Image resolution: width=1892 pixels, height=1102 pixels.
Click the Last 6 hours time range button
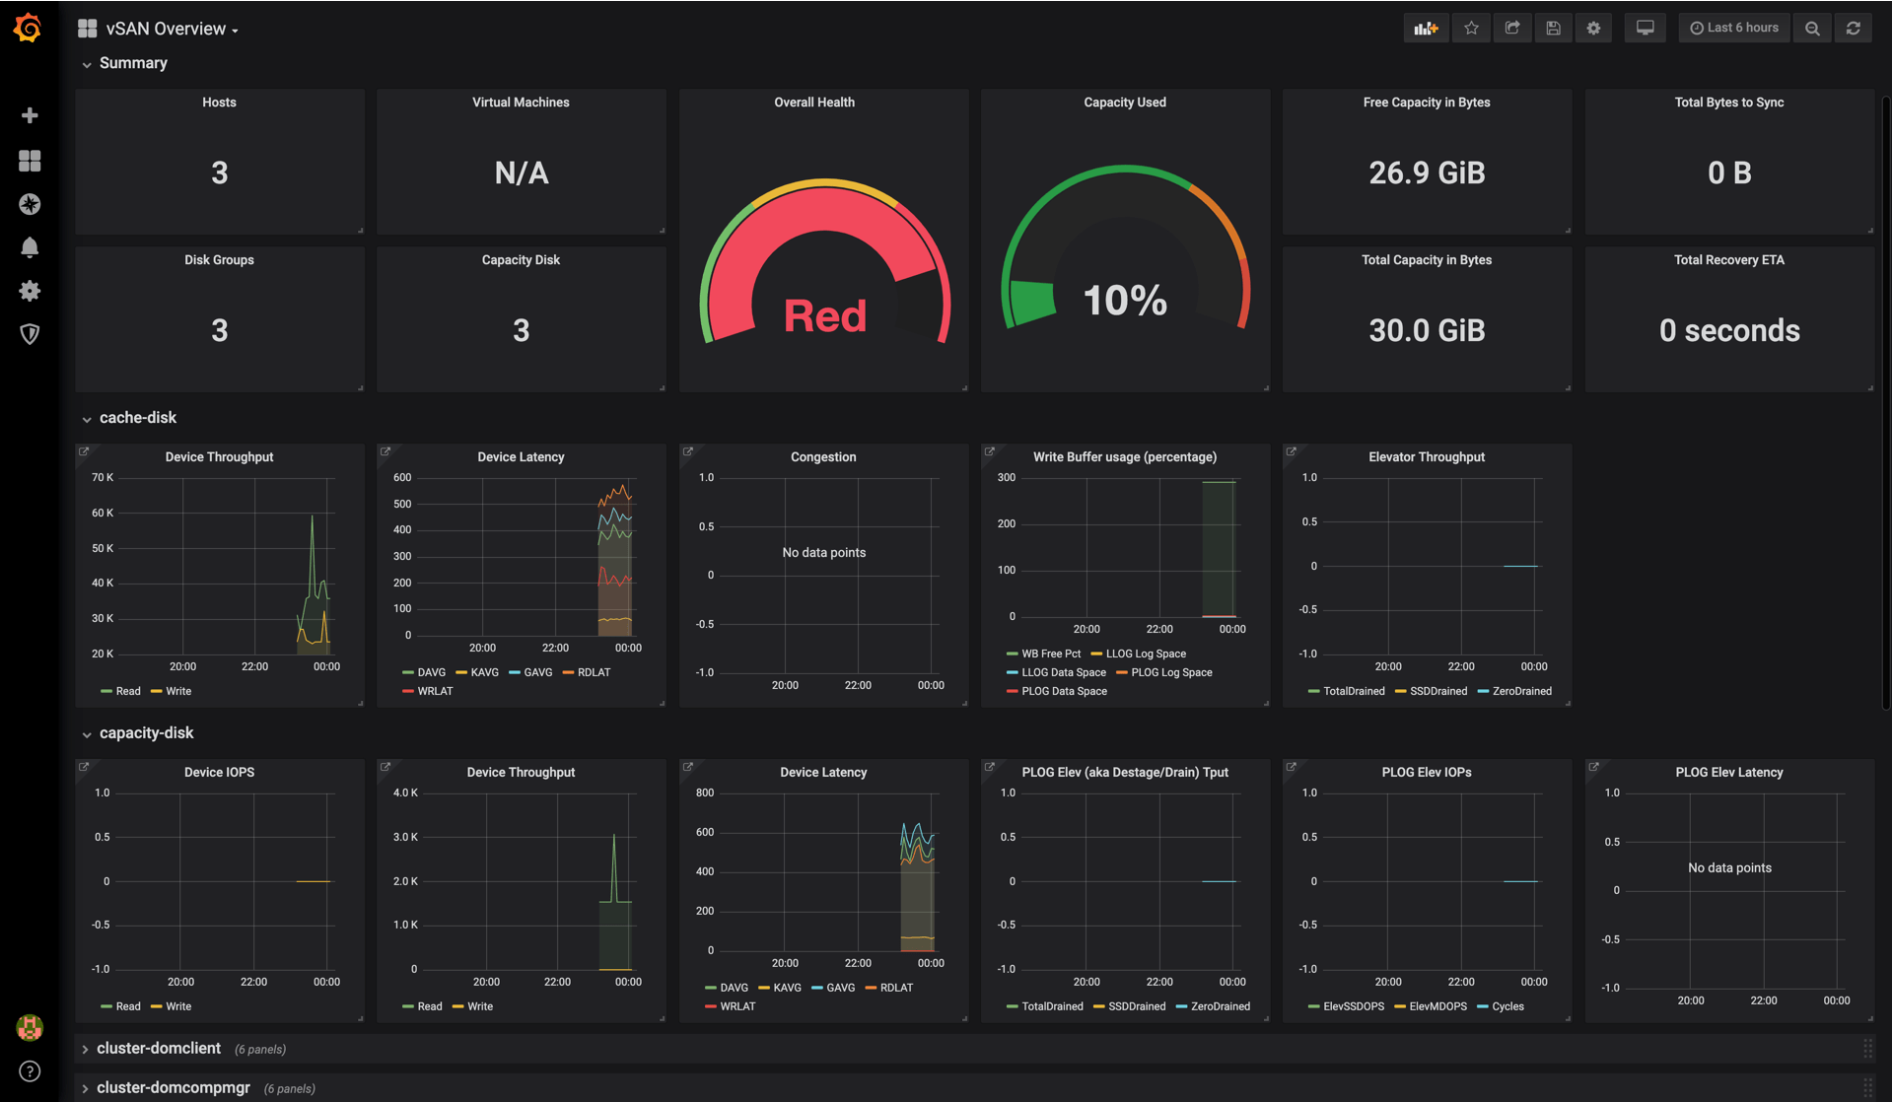point(1733,28)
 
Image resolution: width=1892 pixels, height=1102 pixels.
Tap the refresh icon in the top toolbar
point(1853,28)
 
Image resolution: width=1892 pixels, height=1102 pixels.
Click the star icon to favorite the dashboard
point(1471,28)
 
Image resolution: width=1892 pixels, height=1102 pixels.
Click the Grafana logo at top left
point(29,28)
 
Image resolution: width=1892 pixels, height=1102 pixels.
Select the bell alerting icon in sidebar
point(30,247)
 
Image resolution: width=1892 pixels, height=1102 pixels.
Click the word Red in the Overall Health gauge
point(824,316)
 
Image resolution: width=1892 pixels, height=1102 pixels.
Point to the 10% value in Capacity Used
point(1124,301)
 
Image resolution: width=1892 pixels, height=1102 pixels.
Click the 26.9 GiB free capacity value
point(1426,173)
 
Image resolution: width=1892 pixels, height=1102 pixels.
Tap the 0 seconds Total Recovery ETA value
point(1728,331)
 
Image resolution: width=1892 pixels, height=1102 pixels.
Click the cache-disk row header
point(137,418)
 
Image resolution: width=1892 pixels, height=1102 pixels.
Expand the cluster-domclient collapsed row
point(158,1049)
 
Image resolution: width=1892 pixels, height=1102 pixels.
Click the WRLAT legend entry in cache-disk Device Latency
point(434,691)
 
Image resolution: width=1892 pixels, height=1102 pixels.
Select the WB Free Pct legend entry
point(1050,654)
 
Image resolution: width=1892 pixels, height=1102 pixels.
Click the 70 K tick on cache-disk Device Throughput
point(102,477)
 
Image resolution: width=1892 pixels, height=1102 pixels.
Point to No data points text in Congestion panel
point(823,553)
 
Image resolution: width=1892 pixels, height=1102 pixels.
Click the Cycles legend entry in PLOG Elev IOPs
point(1507,1006)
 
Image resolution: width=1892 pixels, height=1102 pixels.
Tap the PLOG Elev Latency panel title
point(1728,773)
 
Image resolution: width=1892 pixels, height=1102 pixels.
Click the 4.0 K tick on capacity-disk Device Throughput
point(405,792)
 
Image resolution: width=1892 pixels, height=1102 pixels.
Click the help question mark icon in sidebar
point(30,1071)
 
